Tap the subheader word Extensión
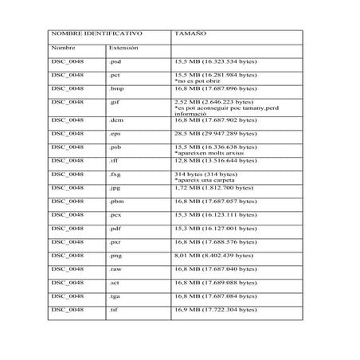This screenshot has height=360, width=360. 123,49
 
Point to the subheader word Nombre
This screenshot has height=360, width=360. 63,49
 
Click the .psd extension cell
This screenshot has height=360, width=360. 115,61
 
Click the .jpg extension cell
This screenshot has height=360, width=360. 115,188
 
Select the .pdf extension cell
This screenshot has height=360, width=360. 115,229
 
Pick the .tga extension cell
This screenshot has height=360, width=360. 115,295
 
